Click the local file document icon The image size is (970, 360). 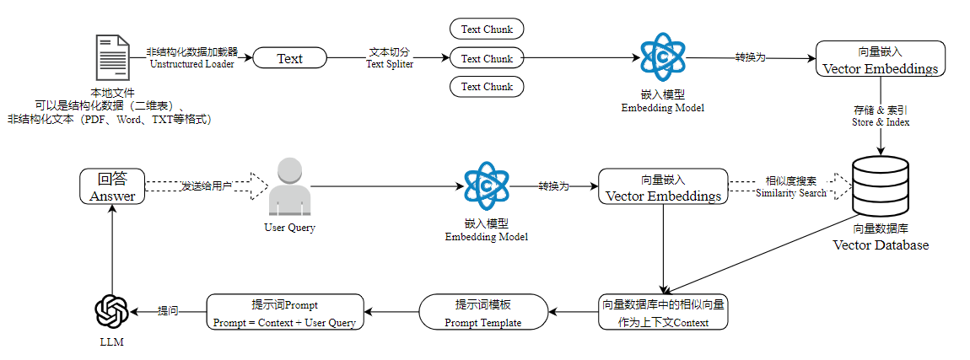click(112, 59)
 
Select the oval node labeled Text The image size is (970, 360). click(289, 59)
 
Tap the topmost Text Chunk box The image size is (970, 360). click(487, 29)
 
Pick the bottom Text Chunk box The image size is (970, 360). click(487, 87)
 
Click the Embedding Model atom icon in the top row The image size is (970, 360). click(662, 58)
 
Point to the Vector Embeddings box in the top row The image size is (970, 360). click(881, 59)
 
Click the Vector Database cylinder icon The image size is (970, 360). click(881, 186)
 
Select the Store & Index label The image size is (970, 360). click(881, 116)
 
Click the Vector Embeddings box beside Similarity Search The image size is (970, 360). click(663, 186)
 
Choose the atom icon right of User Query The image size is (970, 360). click(486, 186)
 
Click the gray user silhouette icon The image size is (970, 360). click(289, 185)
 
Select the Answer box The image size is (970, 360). click(112, 186)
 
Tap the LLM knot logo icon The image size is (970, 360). click(111, 311)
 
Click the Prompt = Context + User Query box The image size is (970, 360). click(284, 313)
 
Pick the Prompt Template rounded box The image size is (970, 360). click(484, 313)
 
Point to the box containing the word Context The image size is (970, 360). click(663, 313)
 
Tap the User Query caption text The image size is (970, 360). click(289, 228)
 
